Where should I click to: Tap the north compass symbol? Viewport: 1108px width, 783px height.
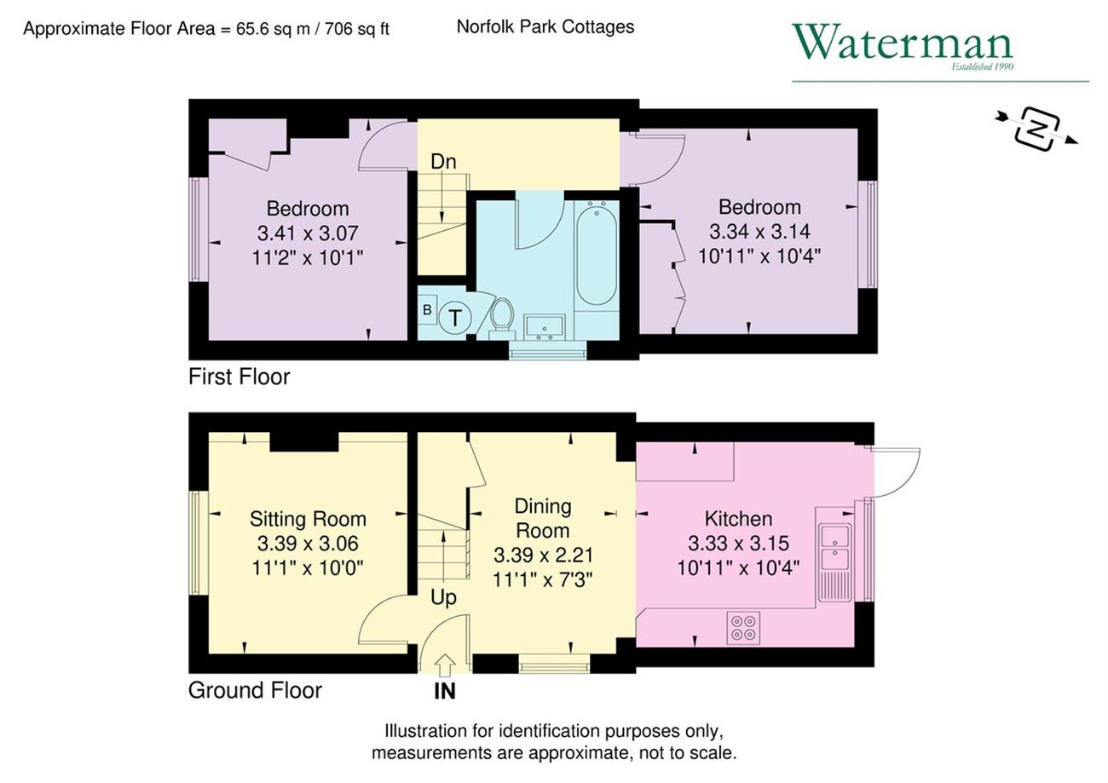[x=1037, y=130]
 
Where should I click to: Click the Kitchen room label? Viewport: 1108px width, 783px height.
[x=738, y=519]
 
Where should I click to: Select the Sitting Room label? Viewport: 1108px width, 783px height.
[x=308, y=519]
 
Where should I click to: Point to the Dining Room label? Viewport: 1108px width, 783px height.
[x=543, y=518]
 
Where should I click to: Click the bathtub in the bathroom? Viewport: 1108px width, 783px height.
[x=597, y=252]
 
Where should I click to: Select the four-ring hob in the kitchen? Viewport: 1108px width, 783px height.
[x=743, y=628]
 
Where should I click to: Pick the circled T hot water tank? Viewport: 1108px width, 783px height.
[x=454, y=317]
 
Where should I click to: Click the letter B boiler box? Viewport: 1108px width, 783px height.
[x=427, y=310]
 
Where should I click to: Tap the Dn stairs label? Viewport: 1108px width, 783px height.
[x=443, y=162]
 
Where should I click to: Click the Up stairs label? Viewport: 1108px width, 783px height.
[x=443, y=598]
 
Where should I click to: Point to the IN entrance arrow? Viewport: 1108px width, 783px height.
[x=446, y=665]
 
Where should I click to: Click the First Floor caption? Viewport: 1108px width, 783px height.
[x=239, y=377]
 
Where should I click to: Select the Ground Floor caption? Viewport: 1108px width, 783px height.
[x=255, y=691]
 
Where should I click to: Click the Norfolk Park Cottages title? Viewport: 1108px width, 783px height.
[x=545, y=26]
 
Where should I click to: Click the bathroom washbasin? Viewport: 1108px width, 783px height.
[x=544, y=326]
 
